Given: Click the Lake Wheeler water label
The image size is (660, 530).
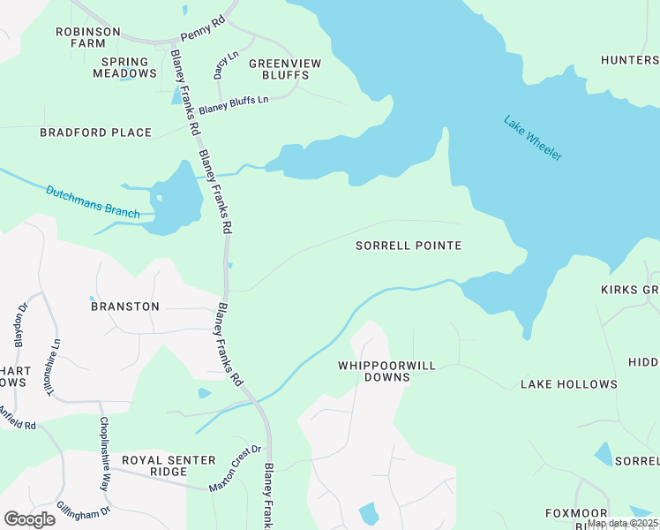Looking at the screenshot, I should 532,138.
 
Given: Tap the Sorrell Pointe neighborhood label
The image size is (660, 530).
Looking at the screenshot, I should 408,246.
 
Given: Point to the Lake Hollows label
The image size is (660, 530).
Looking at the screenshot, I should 568,384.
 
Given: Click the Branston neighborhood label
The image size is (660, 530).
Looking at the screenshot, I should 125,307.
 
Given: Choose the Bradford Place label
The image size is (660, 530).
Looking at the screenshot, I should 95,132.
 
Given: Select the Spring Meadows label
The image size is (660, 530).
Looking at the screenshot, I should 124,67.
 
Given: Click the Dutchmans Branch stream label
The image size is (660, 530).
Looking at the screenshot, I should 93,201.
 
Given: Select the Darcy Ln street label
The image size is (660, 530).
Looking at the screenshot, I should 221,66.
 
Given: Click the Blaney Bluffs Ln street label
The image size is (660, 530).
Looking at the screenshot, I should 233,105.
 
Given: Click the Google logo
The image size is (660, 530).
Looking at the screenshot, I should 29,519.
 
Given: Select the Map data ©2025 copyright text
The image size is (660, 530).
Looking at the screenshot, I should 621,523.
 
